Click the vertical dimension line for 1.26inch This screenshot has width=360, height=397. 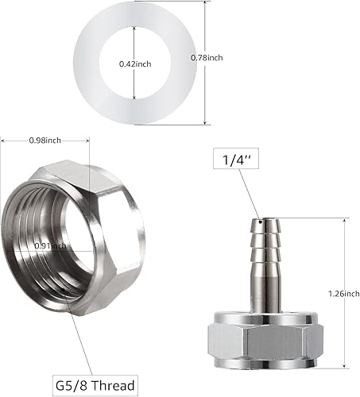pos(344,270)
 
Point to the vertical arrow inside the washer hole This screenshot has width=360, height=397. pos(134,48)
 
